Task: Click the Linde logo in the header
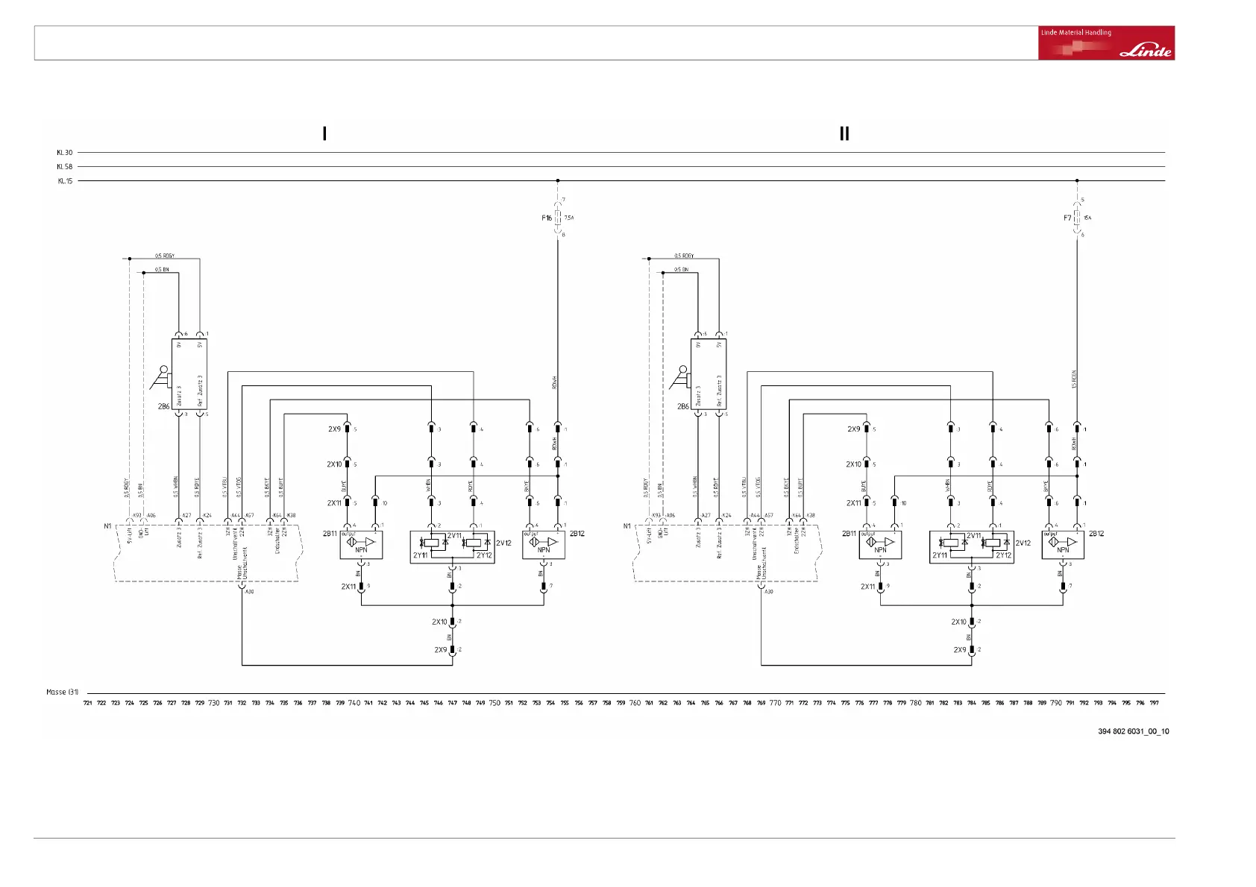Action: point(1146,51)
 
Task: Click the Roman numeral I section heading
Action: point(324,133)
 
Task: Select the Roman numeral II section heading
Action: point(844,133)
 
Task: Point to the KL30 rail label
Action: point(65,153)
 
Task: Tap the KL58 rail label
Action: point(65,167)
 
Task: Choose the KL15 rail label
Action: point(65,181)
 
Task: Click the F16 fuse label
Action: point(547,218)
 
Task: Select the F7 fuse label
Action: point(1067,218)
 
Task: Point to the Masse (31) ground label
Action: point(62,692)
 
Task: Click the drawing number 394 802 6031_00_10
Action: point(1133,731)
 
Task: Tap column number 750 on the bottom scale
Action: point(494,703)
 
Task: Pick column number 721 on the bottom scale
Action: point(88,703)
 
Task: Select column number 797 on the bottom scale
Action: point(1154,703)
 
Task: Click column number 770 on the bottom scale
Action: point(776,703)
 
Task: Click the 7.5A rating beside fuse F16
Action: point(569,218)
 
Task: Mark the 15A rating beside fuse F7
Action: point(1087,218)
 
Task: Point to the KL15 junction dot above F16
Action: point(558,180)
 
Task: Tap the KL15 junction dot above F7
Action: point(1077,180)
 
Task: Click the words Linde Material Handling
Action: point(1076,33)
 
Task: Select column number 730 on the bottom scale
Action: point(214,703)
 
